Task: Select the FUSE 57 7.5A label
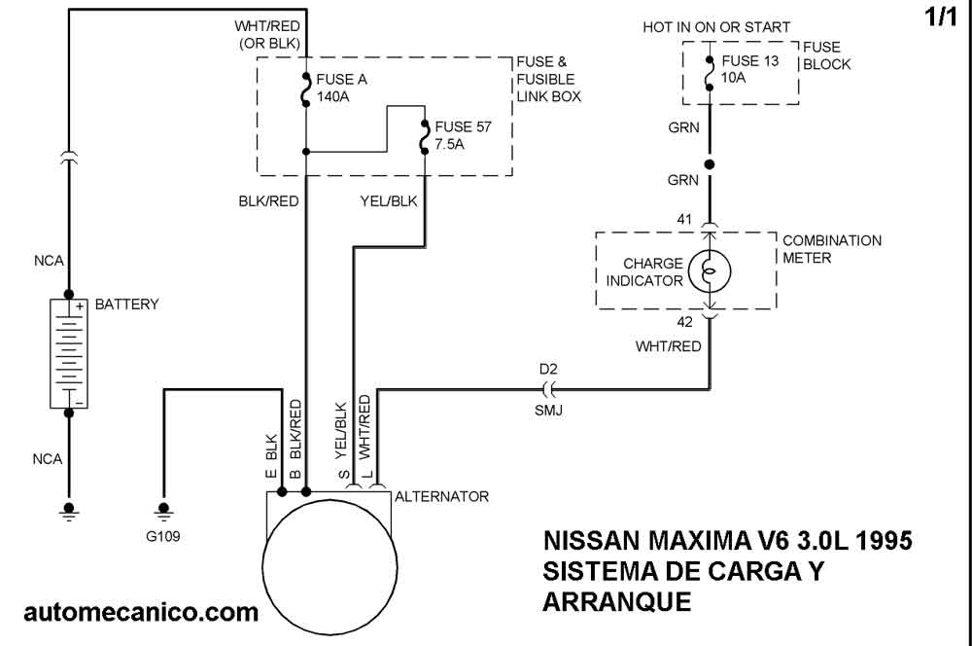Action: point(465,135)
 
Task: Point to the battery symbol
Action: point(68,354)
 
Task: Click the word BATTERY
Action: point(126,305)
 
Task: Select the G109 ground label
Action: point(163,535)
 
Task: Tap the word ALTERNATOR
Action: point(441,497)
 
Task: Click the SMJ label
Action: point(548,411)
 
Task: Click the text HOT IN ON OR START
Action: point(716,27)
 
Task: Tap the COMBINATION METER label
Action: point(832,249)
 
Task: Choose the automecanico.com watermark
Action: point(141,613)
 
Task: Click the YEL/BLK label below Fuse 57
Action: point(389,201)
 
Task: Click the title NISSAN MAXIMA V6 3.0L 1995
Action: point(727,541)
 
